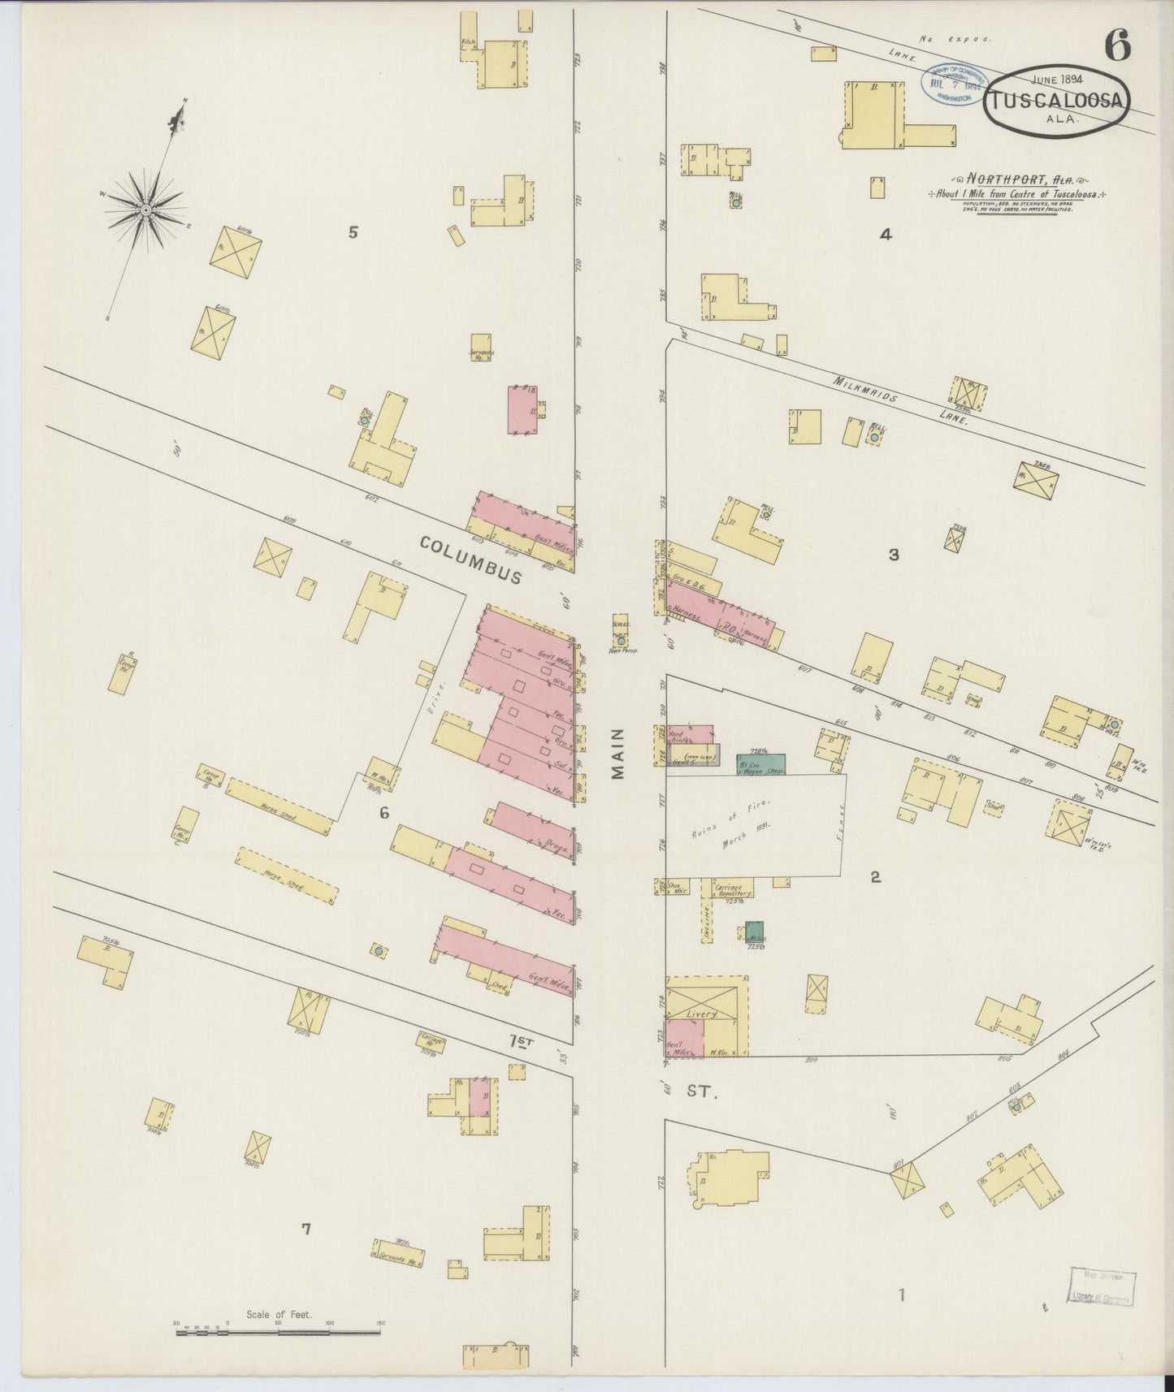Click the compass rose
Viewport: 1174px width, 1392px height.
click(146, 210)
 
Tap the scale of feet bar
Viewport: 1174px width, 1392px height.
click(279, 1329)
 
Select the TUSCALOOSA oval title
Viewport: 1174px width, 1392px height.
click(1058, 102)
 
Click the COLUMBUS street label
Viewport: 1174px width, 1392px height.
click(471, 560)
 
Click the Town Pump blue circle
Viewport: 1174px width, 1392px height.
click(621, 640)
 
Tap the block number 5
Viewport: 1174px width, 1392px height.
click(353, 232)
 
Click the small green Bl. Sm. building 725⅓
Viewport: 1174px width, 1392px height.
click(755, 932)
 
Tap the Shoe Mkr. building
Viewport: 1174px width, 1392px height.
click(674, 886)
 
